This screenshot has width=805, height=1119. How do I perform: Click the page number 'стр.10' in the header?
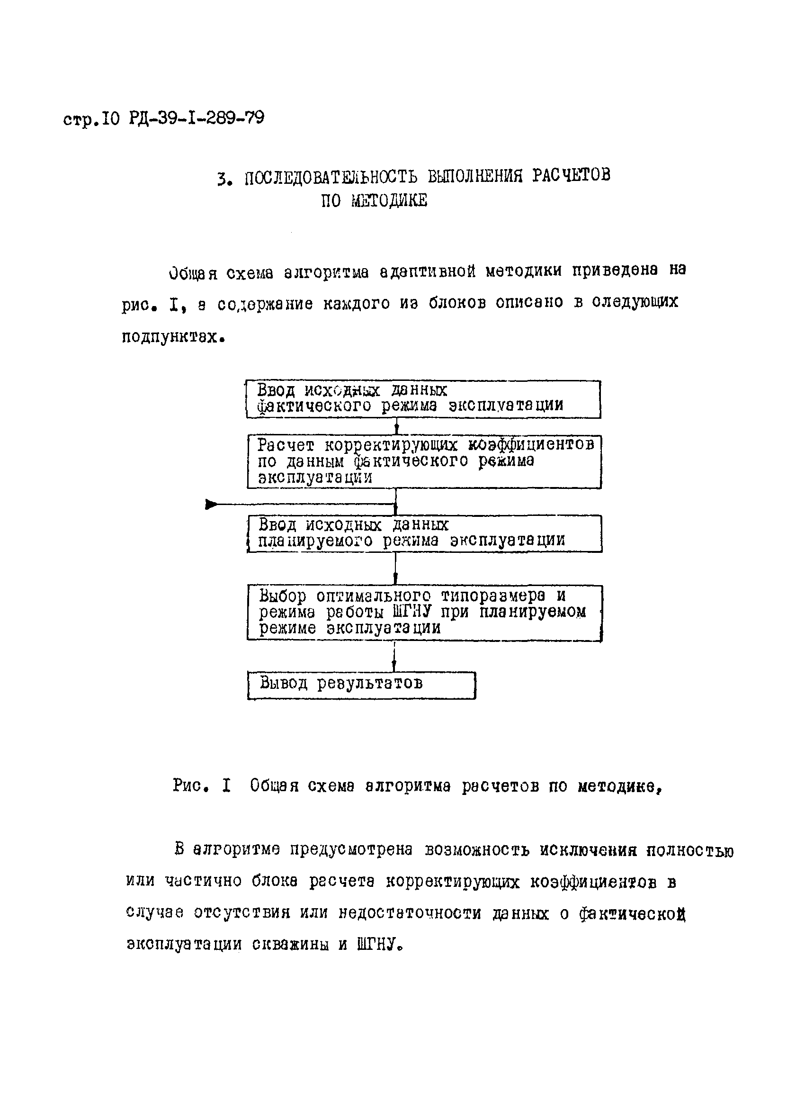point(91,119)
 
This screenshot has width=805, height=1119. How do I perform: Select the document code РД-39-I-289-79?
point(197,118)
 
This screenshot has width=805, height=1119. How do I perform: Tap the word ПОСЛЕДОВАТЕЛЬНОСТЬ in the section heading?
point(331,177)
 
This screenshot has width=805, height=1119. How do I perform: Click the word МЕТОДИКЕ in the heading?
point(389,201)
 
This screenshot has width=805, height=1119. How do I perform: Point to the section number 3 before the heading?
point(224,179)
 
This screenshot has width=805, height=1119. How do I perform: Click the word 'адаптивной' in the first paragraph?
point(428,271)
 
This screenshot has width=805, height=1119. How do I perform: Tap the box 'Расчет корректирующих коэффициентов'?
point(424,461)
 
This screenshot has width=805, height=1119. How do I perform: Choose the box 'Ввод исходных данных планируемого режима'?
point(424,533)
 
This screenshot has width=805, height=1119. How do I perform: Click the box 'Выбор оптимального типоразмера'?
point(424,612)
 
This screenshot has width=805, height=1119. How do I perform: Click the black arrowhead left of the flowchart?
point(212,504)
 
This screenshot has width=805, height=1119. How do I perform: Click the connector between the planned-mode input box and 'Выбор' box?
point(395,568)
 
